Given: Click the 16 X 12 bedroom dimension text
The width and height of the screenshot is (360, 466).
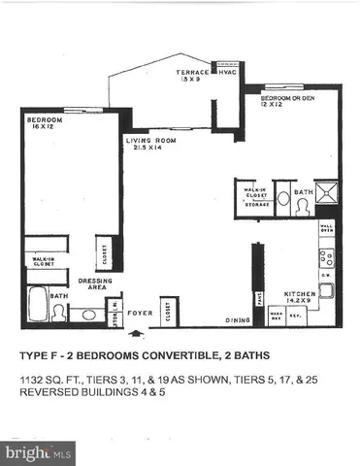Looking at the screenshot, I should pos(43,127).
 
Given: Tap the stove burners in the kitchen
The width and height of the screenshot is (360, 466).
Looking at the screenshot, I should pos(327,257).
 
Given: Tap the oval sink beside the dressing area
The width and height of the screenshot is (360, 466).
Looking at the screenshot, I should pos(88,315).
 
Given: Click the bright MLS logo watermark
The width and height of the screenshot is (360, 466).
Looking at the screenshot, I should pos(39,452).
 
